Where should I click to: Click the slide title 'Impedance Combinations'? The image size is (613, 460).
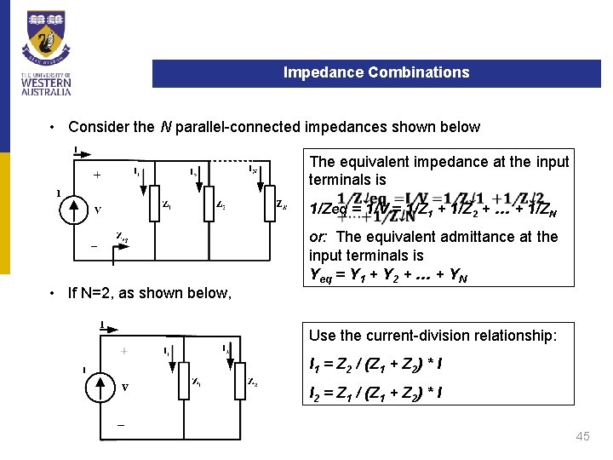pyautogui.click(x=376, y=72)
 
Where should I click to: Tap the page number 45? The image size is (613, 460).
pyautogui.click(x=582, y=436)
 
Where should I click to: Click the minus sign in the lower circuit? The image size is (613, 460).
pyautogui.click(x=120, y=423)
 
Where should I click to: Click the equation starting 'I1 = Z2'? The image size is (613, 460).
pyautogui.click(x=375, y=365)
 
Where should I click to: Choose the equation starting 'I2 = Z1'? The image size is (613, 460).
pyautogui.click(x=375, y=394)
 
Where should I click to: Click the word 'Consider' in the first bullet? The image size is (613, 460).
pyautogui.click(x=99, y=127)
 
